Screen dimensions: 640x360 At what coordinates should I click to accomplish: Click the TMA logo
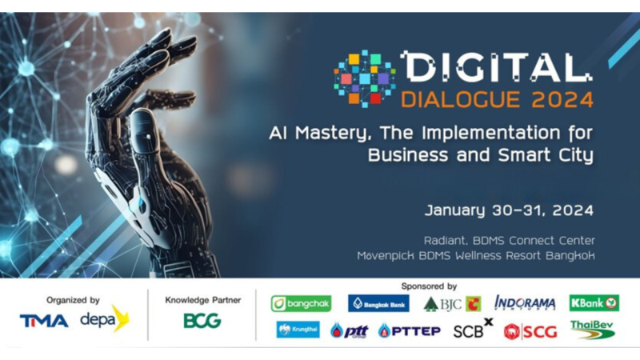coord(44,321)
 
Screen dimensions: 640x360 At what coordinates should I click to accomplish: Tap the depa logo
coord(105,318)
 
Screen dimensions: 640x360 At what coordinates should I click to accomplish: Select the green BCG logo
coord(202,321)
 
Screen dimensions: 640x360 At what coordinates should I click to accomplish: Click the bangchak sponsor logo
coord(302,304)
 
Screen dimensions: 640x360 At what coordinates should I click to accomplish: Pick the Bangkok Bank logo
coord(378,303)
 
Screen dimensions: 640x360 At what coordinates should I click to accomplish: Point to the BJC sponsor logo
coord(452,304)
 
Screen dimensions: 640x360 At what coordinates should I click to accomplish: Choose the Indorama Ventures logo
coord(525,303)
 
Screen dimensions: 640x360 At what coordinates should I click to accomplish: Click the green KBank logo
coord(594,303)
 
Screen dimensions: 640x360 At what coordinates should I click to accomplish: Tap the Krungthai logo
coord(298,330)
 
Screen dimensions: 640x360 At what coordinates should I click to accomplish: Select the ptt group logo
coord(350,330)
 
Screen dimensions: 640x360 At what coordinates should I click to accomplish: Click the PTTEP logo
coord(410,330)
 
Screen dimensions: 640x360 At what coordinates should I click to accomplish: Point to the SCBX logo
coord(473,329)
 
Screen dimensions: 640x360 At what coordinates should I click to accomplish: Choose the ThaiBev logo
coord(592,330)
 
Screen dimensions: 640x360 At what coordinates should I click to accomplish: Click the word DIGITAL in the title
coord(496,67)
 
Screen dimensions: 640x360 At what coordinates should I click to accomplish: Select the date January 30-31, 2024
coord(509,210)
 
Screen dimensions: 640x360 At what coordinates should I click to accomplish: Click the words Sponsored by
coord(429,286)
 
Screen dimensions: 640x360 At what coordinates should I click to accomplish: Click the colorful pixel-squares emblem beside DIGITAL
coord(365,78)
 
